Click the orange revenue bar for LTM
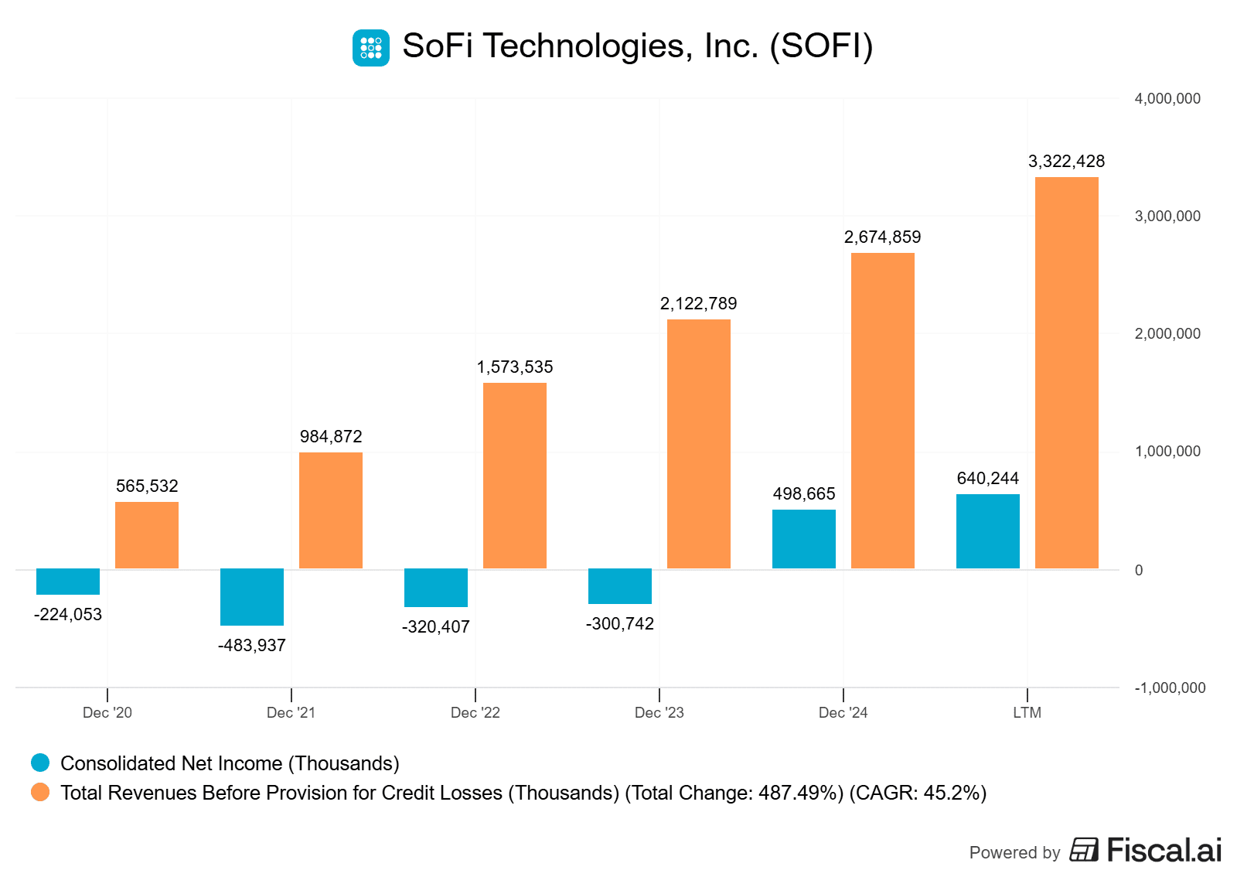click(x=1066, y=373)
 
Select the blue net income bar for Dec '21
click(x=252, y=596)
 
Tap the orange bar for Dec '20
click(x=147, y=535)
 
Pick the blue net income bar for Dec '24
click(x=804, y=539)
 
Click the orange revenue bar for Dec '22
click(x=515, y=476)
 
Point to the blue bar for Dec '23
click(x=620, y=586)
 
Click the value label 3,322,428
click(x=1066, y=162)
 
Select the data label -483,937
click(x=252, y=646)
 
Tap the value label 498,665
click(x=804, y=494)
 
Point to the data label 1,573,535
click(x=515, y=367)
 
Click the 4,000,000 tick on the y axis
click(x=1167, y=99)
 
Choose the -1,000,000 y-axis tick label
click(x=1170, y=688)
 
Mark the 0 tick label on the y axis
click(x=1139, y=571)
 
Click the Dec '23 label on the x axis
click(x=659, y=713)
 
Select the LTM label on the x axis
click(x=1027, y=713)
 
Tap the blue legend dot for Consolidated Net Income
click(x=40, y=763)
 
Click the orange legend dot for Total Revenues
click(x=40, y=793)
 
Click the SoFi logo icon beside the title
click(x=371, y=48)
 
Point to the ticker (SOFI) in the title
click(x=821, y=46)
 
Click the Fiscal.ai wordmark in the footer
click(x=1164, y=851)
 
